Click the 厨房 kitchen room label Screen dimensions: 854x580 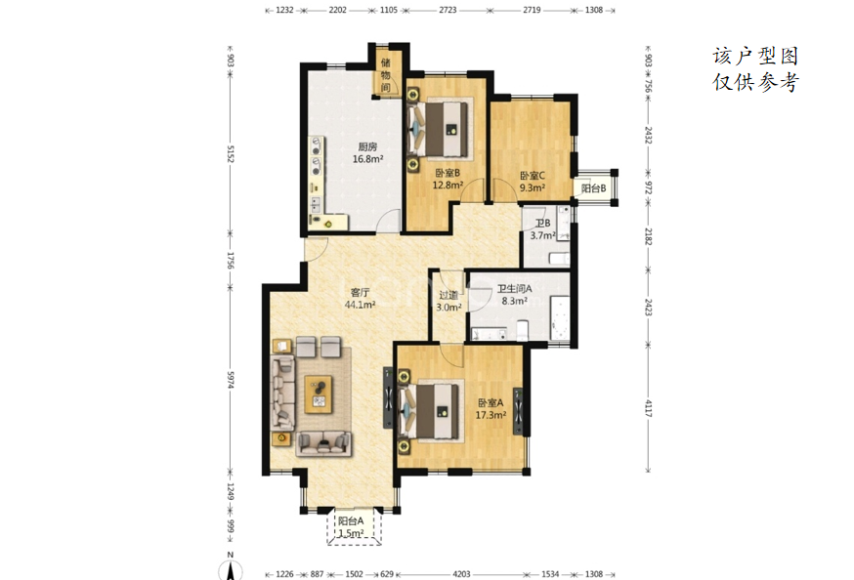[367, 146]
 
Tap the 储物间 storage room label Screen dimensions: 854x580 [386, 75]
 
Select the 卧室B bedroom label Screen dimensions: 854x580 [448, 173]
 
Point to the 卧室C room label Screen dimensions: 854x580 [533, 176]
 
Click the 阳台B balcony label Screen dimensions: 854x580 [594, 188]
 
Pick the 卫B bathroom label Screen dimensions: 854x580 [542, 223]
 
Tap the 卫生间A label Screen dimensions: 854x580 [514, 289]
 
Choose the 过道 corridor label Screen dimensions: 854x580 [448, 295]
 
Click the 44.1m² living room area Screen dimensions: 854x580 [360, 305]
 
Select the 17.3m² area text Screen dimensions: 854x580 [491, 415]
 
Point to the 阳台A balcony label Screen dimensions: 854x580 [351, 520]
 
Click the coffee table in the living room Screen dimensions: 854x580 [319, 394]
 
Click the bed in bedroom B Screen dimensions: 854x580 [440, 130]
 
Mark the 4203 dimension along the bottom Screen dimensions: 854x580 [461, 574]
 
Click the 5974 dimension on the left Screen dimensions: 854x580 [231, 380]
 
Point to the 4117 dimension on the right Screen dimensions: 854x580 [648, 408]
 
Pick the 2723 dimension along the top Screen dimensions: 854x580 [448, 10]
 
